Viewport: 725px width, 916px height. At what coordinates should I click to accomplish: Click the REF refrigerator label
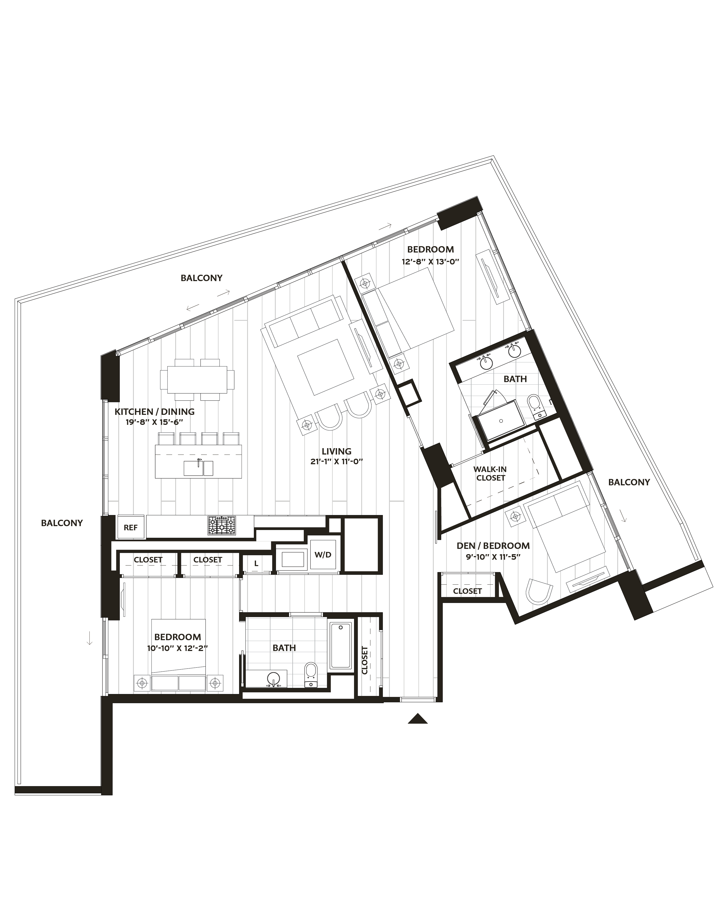[131, 527]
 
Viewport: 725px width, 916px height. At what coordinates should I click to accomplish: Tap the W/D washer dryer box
[323, 554]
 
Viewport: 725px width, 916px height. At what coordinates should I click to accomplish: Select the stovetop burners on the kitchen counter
[221, 525]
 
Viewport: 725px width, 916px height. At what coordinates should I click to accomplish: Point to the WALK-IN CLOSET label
[490, 473]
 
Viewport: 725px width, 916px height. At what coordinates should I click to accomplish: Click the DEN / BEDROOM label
[493, 546]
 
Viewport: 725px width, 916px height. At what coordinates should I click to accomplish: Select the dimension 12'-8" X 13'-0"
[430, 262]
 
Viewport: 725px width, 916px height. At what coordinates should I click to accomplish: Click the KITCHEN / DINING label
[154, 412]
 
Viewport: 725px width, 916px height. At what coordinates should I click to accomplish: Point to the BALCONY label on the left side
[62, 523]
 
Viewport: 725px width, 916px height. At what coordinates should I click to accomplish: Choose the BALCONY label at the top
[202, 278]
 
